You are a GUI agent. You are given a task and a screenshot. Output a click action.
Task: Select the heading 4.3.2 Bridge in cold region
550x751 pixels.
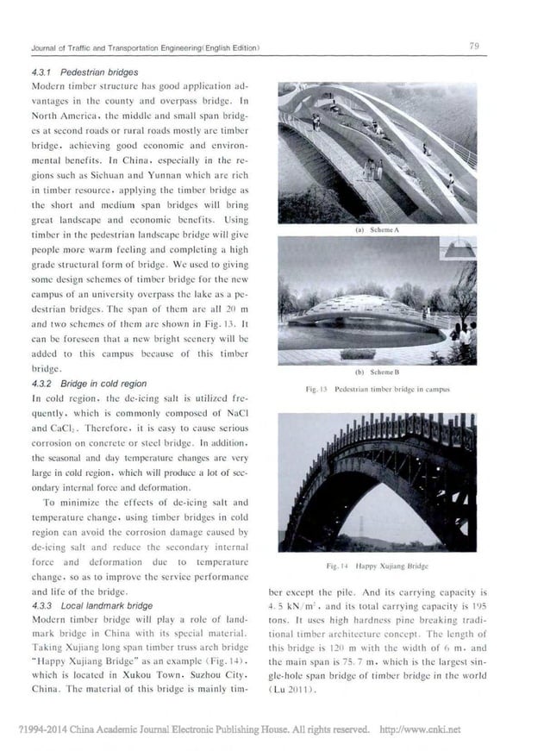point(89,383)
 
